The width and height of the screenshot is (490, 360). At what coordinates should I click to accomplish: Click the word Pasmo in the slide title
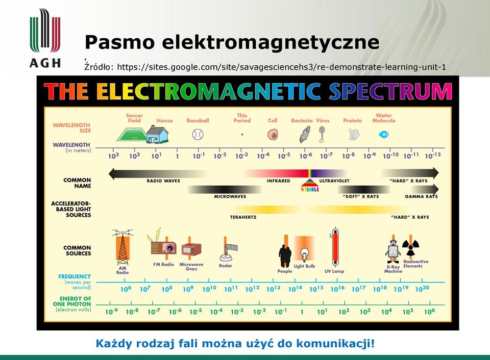coord(119,42)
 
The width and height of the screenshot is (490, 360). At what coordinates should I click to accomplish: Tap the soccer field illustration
coord(132,134)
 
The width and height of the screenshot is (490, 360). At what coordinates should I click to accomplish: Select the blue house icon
coord(157,135)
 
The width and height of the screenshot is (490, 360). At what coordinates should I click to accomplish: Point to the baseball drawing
coord(198,135)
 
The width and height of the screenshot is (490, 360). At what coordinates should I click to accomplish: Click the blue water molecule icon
coord(383,135)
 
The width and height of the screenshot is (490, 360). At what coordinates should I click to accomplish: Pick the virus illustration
coord(322,134)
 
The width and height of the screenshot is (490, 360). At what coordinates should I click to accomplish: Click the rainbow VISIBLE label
coord(310,189)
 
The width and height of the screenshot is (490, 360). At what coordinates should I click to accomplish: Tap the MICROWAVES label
coord(230,196)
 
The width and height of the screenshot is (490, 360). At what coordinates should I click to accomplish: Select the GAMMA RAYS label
coord(421,196)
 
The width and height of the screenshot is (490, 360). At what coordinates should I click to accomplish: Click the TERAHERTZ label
coord(243,217)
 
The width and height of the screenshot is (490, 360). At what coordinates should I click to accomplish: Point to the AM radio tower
coord(122,247)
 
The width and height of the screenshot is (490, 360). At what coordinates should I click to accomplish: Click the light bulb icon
coord(304,254)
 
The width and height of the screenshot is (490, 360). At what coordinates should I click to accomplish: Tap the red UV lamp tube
coord(335,248)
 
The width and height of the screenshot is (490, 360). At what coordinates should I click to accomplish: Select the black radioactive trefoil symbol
coord(410,248)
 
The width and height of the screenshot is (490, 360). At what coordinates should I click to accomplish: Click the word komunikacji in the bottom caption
coord(335,344)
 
